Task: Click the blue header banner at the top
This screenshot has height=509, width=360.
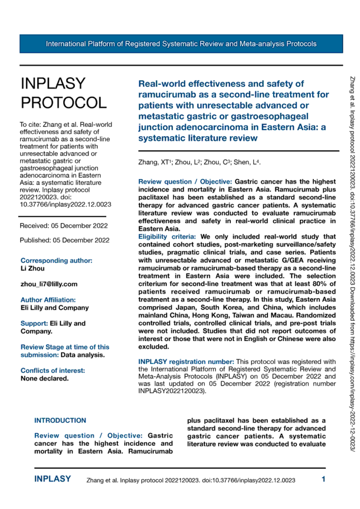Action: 181,44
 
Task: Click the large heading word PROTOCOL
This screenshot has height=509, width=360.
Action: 63,102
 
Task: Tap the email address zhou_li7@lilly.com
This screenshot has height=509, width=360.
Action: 49,284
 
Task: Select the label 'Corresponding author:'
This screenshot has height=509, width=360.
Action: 56,260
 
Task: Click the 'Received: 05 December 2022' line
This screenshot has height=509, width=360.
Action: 64,225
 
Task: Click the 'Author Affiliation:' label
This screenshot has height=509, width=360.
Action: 48,300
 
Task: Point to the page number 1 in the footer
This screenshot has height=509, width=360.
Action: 323,480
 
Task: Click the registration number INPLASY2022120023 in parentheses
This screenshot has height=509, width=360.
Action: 169,391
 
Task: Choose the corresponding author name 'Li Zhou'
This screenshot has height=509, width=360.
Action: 32,268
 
